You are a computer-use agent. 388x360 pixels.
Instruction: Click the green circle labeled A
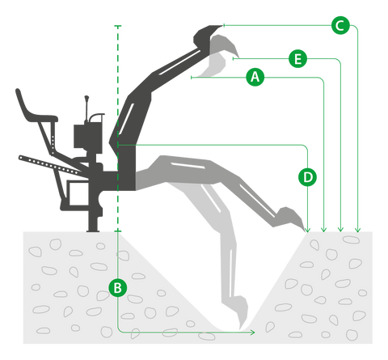tap(255, 78)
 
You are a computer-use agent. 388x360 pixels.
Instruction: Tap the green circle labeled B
tap(118, 288)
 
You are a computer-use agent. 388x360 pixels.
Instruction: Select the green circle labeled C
tap(340, 26)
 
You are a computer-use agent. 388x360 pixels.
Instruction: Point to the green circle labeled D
tap(307, 177)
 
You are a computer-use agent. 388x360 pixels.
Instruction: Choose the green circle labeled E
tap(297, 58)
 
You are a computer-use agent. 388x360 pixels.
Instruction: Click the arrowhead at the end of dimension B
tap(252, 332)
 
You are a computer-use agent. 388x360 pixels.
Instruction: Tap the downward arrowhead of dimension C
tap(357, 230)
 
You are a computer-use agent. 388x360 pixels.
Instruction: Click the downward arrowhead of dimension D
tap(307, 230)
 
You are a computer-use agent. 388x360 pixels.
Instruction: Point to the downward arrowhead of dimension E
tap(341, 230)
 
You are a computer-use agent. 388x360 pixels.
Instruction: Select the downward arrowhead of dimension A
tap(324, 230)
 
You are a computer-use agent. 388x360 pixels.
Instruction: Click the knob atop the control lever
tap(86, 98)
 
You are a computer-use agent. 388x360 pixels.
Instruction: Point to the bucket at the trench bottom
tap(241, 311)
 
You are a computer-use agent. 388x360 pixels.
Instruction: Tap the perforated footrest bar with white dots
tap(50, 166)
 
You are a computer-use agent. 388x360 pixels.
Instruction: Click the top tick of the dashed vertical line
tap(118, 26)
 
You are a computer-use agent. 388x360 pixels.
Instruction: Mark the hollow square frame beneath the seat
tap(78, 193)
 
